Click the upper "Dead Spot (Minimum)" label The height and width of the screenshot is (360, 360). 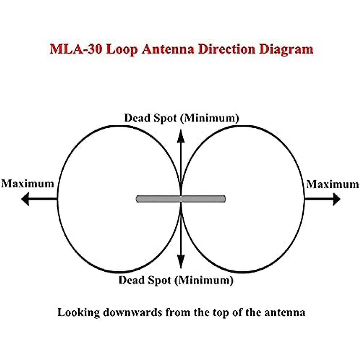click(x=181, y=118)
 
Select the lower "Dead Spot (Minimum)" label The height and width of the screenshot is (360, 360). click(x=176, y=280)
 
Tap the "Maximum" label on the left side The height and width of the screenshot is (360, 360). click(x=28, y=184)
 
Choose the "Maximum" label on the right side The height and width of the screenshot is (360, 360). click(x=332, y=184)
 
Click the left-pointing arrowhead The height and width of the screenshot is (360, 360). click(x=25, y=199)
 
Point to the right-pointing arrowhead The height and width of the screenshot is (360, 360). click(x=337, y=199)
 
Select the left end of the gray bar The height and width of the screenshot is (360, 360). click(x=138, y=199)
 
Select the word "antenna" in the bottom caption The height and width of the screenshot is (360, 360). click(x=285, y=313)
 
